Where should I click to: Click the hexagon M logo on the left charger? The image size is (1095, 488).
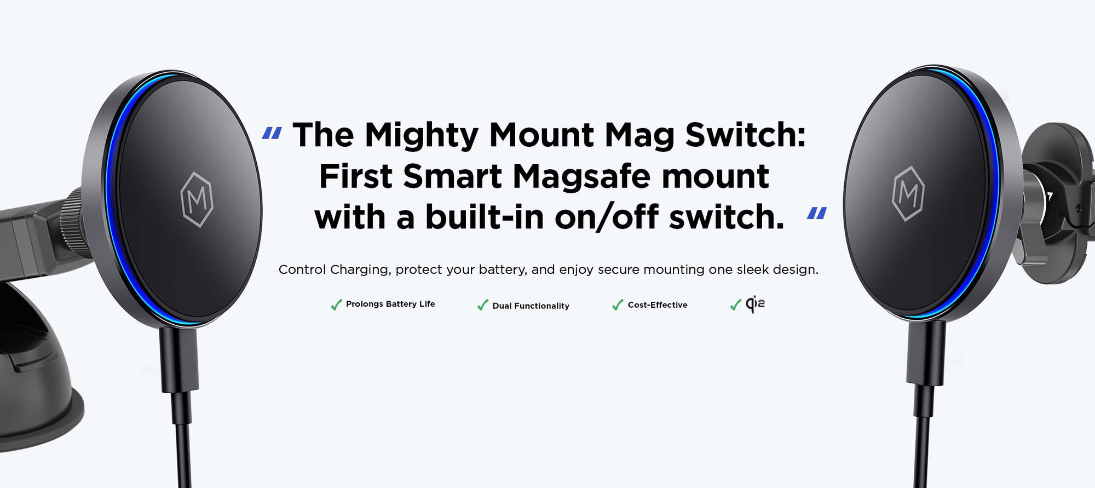[x=197, y=199]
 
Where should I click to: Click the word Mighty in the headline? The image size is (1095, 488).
[x=421, y=135]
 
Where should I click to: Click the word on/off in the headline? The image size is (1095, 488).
[x=607, y=217]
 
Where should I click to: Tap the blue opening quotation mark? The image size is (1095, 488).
[x=272, y=133]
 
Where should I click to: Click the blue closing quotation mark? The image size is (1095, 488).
[x=817, y=214]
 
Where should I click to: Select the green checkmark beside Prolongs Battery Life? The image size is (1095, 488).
[x=336, y=305]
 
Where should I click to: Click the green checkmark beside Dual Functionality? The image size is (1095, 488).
[x=482, y=305]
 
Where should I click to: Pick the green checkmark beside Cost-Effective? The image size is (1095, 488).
[x=618, y=305]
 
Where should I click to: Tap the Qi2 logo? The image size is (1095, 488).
[x=755, y=304]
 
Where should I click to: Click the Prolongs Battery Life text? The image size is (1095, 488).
[x=390, y=304]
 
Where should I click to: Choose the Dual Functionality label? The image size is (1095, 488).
[x=531, y=306]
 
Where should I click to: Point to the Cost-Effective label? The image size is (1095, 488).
[x=658, y=305]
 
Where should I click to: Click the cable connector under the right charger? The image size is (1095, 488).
[x=925, y=353]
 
